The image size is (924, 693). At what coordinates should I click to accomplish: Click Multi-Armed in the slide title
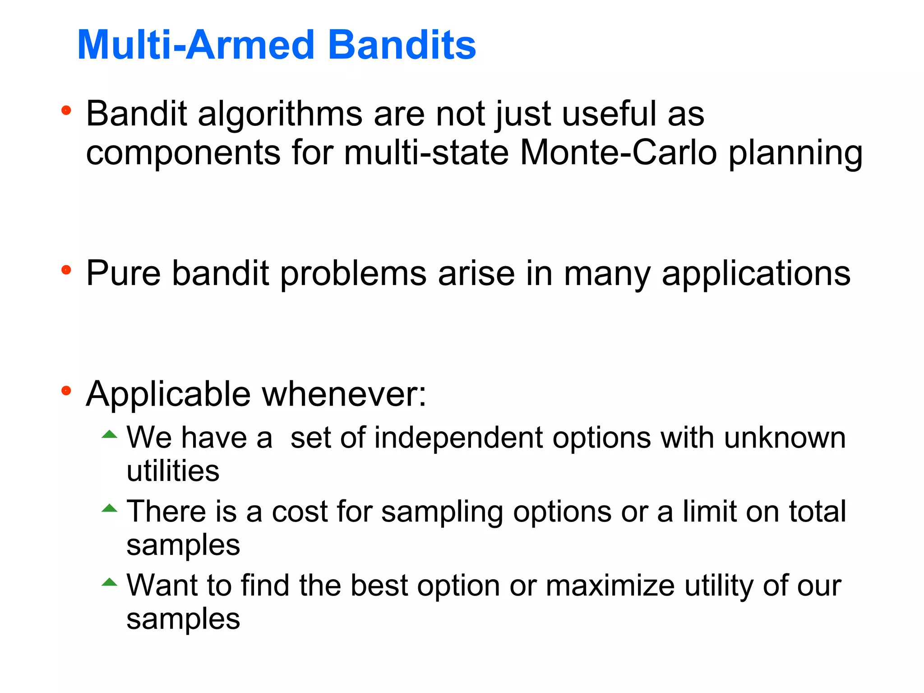pyautogui.click(x=195, y=45)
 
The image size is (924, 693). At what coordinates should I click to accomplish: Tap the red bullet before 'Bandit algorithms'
pyautogui.click(x=66, y=110)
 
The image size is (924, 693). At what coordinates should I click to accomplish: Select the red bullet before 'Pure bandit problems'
pyautogui.click(x=66, y=270)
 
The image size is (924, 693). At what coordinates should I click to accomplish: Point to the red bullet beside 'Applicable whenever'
pyautogui.click(x=66, y=391)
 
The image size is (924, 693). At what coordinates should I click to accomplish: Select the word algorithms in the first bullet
pyautogui.click(x=280, y=114)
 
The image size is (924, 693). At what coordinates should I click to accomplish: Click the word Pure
pyautogui.click(x=123, y=273)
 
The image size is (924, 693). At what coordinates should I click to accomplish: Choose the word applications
pyautogui.click(x=756, y=274)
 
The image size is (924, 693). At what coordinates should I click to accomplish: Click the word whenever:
pyautogui.click(x=344, y=394)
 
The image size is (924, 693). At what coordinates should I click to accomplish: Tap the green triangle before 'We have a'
pyautogui.click(x=109, y=434)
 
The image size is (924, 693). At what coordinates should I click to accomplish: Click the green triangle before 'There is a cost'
pyautogui.click(x=109, y=508)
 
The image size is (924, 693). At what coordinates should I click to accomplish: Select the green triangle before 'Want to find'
pyautogui.click(x=109, y=582)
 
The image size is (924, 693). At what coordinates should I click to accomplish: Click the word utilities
pyautogui.click(x=173, y=471)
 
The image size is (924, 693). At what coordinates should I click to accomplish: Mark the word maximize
pyautogui.click(x=610, y=586)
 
